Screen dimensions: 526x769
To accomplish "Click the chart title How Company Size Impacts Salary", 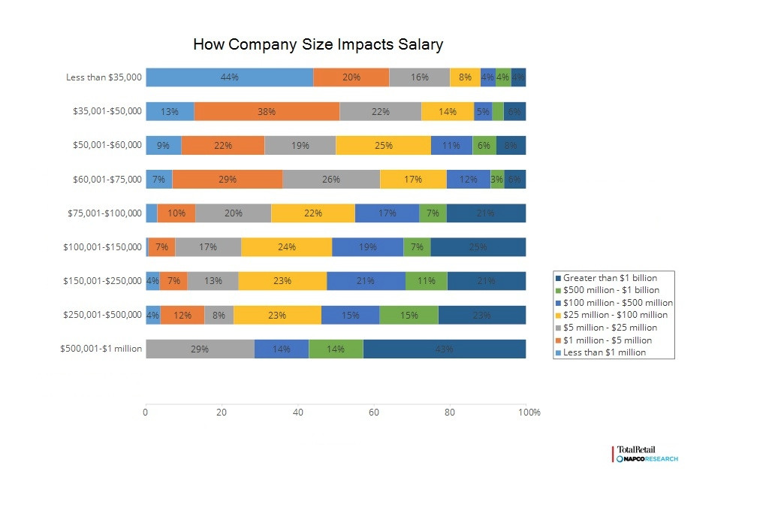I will (318, 44).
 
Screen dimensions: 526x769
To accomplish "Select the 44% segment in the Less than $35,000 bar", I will (229, 77).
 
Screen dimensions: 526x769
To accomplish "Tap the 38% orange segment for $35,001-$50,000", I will (267, 111).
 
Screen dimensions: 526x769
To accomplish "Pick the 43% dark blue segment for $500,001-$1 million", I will (444, 349).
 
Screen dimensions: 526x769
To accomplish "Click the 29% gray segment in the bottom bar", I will (200, 349).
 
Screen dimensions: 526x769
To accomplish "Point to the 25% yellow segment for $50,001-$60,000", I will (383, 145).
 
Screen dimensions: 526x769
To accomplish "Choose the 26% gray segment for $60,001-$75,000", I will (330, 179).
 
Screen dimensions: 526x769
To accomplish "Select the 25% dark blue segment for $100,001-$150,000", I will (478, 246).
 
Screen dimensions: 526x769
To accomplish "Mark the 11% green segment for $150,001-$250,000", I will (426, 281).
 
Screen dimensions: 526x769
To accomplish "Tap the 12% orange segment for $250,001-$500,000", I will (182, 315).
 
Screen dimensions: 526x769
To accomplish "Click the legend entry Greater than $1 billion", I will (610, 278).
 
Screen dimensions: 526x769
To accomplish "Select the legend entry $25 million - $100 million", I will (615, 315).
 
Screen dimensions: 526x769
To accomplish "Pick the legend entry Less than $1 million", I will (604, 352).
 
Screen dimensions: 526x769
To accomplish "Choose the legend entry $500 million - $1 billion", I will (611, 290).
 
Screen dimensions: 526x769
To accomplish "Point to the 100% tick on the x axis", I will (529, 413).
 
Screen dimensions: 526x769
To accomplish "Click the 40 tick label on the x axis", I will (297, 413).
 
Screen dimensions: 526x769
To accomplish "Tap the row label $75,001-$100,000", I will (104, 213).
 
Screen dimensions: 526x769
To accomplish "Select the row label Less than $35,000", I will (104, 77).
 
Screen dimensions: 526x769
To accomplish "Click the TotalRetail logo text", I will (635, 449).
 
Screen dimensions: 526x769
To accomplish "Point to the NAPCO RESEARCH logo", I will (647, 458).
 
